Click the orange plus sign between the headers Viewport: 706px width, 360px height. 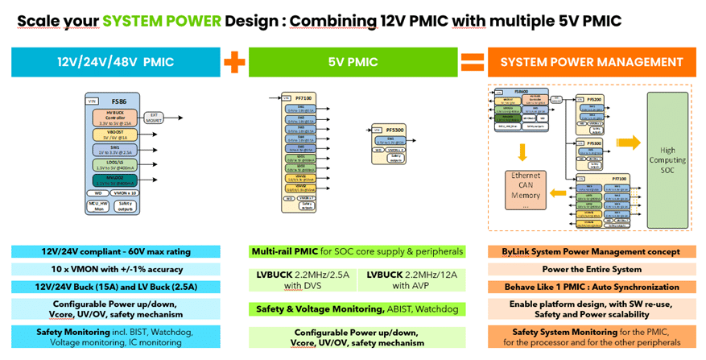[234, 63]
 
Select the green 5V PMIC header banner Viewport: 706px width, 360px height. [352, 62]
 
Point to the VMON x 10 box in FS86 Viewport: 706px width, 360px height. [126, 192]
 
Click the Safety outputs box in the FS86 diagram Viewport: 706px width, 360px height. [126, 205]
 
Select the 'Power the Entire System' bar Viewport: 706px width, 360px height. [591, 269]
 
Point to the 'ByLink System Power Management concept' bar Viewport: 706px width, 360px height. [591, 252]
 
